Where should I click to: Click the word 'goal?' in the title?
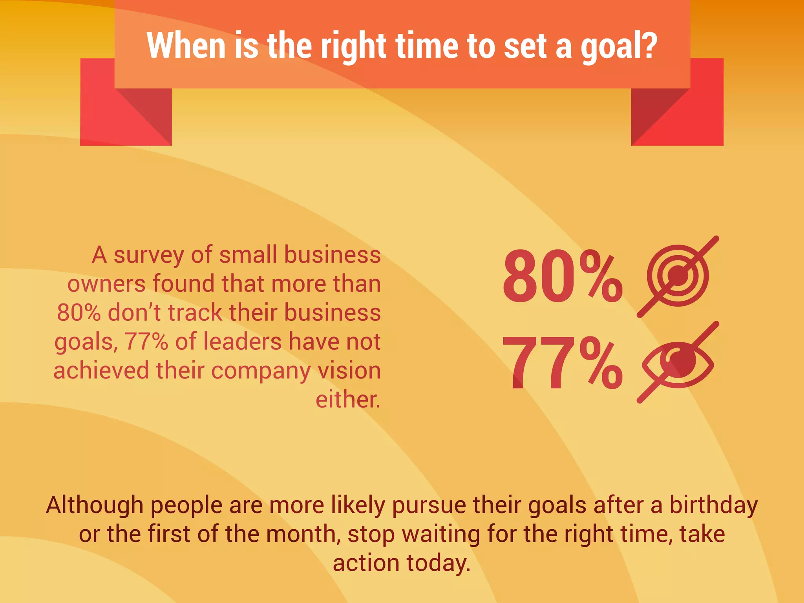point(619,46)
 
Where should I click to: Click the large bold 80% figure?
point(562,277)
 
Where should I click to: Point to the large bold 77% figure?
point(562,363)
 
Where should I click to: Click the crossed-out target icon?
point(678,276)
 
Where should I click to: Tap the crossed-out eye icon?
point(678,362)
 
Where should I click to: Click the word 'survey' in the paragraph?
point(149,255)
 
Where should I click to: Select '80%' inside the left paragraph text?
point(79,313)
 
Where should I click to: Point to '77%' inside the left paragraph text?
point(146,342)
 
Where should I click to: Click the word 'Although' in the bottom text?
point(95,505)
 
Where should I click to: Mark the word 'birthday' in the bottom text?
point(713,505)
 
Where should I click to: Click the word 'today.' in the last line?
point(438,563)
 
